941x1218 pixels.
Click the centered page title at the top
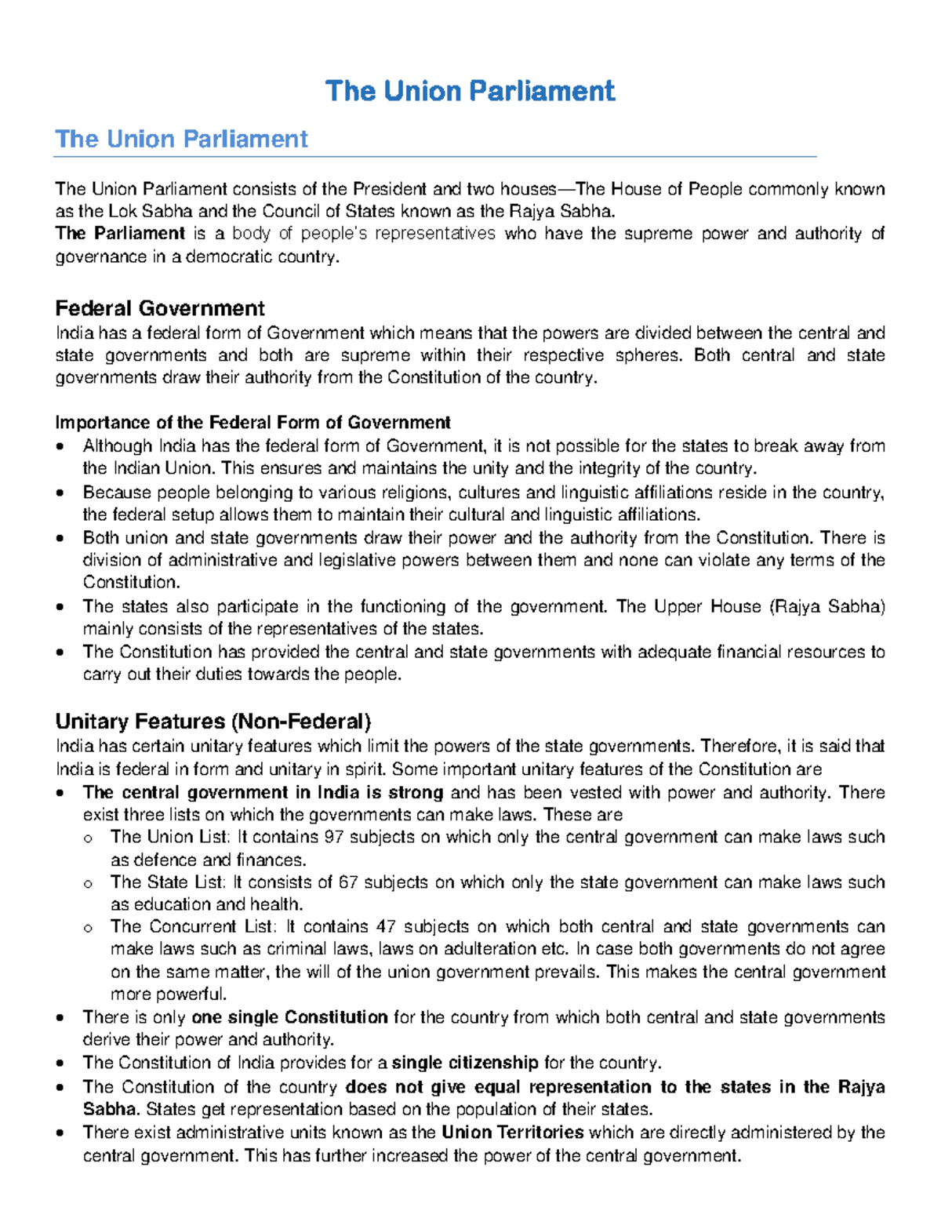(x=470, y=91)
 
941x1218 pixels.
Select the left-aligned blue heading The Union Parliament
(x=181, y=139)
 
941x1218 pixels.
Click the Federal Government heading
(x=160, y=308)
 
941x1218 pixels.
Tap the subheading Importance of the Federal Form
(x=253, y=423)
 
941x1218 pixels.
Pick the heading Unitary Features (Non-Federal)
(x=213, y=721)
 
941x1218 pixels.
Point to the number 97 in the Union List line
(x=334, y=837)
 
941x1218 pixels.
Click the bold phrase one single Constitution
(x=289, y=1017)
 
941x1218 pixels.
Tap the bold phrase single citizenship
(x=465, y=1063)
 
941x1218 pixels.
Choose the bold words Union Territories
(x=513, y=1132)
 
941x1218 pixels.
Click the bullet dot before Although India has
(x=60, y=447)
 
